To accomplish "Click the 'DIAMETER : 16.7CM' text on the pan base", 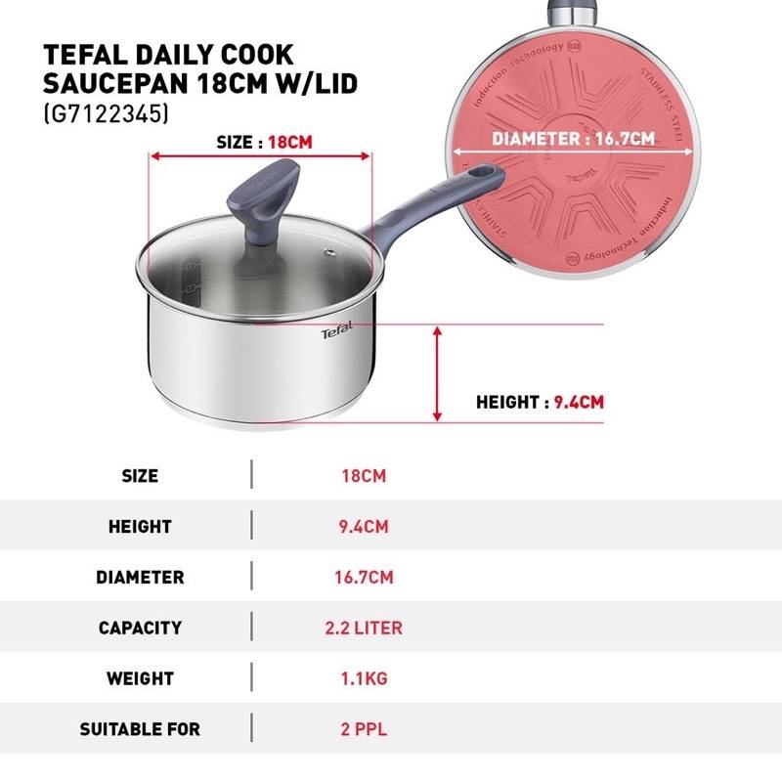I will coord(573,139).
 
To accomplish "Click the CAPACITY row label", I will coord(140,628).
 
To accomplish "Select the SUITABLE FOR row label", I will coord(140,729).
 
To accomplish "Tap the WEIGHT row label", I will coord(140,678).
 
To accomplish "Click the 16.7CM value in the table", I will coord(364,577).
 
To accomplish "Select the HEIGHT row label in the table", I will coord(140,527).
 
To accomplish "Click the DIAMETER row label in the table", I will coord(140,577).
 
